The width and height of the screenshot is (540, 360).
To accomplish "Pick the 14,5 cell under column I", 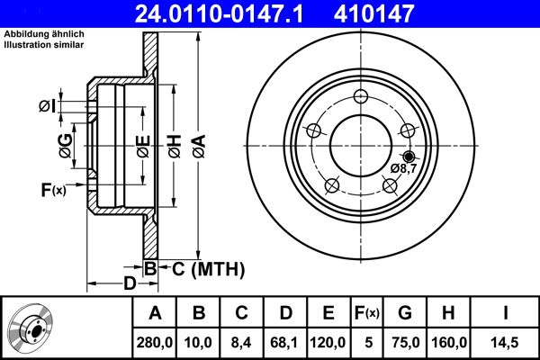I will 507,343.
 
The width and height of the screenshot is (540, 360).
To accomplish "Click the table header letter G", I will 404,313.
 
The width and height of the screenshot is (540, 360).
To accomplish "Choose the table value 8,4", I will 241,343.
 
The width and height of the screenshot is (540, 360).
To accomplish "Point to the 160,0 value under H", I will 447,343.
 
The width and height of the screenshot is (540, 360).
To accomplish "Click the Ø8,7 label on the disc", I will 402,167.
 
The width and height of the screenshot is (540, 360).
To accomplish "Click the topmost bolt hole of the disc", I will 361,97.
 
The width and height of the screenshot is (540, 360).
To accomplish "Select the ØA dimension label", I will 197,143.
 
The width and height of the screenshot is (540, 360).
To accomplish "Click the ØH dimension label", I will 174,143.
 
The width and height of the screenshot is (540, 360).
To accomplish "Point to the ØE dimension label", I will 140,143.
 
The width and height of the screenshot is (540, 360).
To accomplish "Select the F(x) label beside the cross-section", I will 53,189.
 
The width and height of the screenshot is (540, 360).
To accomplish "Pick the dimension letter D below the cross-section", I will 130,283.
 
